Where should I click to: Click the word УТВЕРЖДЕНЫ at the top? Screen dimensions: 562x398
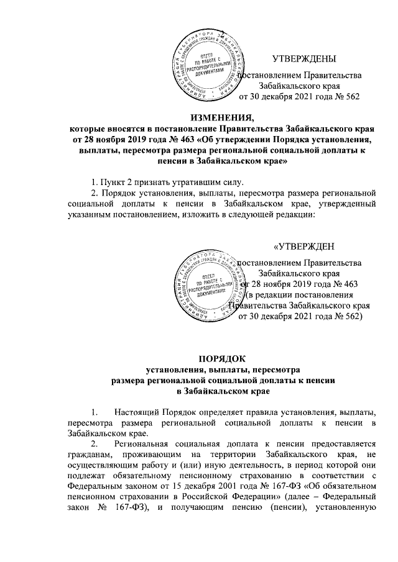[304, 59]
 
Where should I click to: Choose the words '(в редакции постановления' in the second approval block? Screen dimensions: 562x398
[301, 294]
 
